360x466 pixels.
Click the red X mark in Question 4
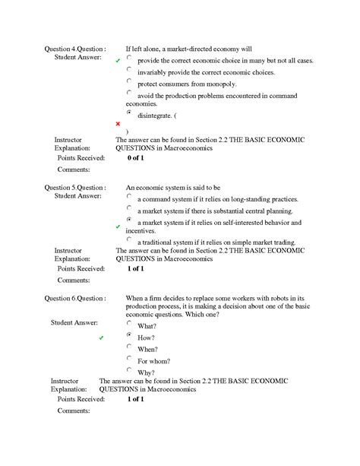click(118, 123)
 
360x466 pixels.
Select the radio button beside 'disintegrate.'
click(130, 112)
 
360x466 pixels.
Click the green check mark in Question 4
click(118, 59)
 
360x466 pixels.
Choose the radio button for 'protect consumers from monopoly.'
click(130, 81)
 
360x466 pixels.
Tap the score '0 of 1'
click(135, 158)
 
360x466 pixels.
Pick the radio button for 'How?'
click(130, 334)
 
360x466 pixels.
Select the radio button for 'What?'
click(130, 322)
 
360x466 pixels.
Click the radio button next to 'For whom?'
click(130, 358)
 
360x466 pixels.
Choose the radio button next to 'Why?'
click(130, 370)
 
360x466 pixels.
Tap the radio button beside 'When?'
click(130, 346)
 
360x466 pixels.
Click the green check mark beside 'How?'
click(102, 337)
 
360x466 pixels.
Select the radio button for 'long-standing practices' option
click(130, 195)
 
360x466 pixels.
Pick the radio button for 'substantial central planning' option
click(130, 208)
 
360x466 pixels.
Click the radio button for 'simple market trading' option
click(130, 239)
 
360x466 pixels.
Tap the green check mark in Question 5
click(118, 227)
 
